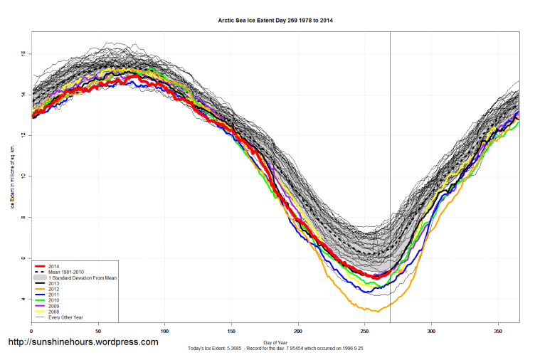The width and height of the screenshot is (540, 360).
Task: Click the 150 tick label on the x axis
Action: tap(231, 331)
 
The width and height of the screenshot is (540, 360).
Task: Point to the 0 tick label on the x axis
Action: tap(31, 331)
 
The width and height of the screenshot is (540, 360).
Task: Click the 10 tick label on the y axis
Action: tap(23, 176)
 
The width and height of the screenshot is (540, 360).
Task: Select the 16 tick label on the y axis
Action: tap(23, 53)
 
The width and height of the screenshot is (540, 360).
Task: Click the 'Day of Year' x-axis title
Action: tap(275, 342)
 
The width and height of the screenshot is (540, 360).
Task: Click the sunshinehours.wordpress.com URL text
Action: tap(83, 342)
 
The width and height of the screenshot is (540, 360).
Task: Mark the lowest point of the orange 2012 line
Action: tap(378, 312)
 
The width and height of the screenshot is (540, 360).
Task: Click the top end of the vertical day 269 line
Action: tap(390, 33)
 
